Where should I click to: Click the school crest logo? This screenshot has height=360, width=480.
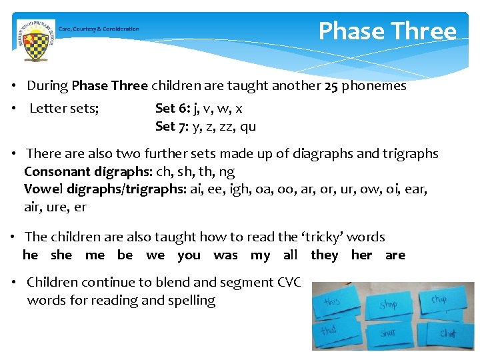pyautogui.click(x=35, y=40)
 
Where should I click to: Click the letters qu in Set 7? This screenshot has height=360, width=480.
pyautogui.click(x=248, y=127)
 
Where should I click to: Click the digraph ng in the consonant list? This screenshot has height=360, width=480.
pyautogui.click(x=227, y=173)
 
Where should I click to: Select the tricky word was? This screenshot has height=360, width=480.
pyautogui.click(x=225, y=255)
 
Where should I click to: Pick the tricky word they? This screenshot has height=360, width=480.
pyautogui.click(x=325, y=255)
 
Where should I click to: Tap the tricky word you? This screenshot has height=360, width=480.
pyautogui.click(x=189, y=255)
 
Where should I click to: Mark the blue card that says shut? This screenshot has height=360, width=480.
pyautogui.click(x=388, y=333)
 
